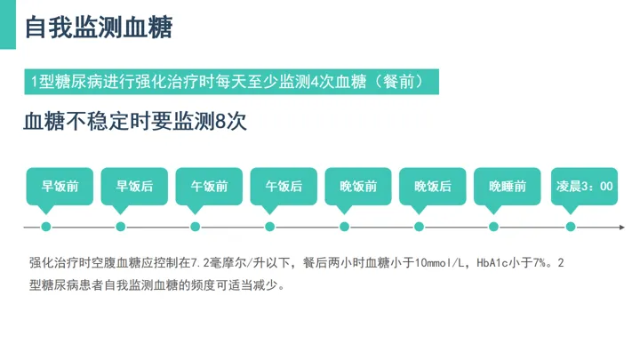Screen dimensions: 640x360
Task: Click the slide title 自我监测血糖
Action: [98, 28]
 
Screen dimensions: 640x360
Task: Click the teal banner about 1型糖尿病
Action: [232, 82]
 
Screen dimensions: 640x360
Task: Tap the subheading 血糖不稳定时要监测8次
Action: [134, 123]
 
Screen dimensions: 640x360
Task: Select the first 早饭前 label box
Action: [60, 187]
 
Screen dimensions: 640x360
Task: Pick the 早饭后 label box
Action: [134, 187]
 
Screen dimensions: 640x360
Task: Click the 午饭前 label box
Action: [209, 187]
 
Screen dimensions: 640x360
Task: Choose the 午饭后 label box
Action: [284, 187]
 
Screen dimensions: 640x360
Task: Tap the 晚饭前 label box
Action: [358, 187]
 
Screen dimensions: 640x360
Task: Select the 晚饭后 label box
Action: [433, 187]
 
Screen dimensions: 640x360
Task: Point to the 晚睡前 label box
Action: [508, 187]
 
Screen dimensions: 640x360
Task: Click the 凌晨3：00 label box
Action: [584, 187]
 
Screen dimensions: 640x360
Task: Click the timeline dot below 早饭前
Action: [46, 227]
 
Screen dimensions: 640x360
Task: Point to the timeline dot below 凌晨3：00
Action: [571, 227]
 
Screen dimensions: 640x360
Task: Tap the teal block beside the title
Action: [8, 25]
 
